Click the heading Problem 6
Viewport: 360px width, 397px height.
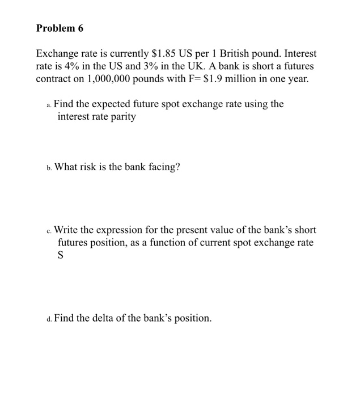[59, 28]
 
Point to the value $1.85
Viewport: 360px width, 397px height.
[162, 54]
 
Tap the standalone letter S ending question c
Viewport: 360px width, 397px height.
[61, 256]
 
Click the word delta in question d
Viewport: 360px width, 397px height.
[108, 319]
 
